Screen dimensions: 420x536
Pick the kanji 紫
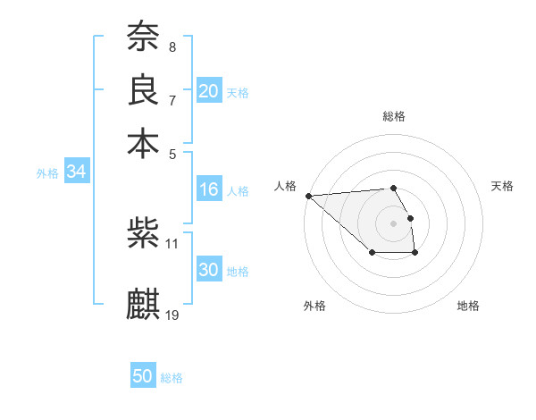pos(143,234)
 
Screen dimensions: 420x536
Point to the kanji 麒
pos(143,303)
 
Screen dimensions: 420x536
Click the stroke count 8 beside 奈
pos(172,46)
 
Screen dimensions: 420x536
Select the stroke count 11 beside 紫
pos(172,243)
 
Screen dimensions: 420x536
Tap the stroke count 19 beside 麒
pos(172,314)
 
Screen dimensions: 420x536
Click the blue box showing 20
pos(209,91)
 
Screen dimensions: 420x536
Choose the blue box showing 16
pos(209,189)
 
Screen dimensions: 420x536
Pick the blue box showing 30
pos(209,270)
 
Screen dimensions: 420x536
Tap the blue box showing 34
pos(76,172)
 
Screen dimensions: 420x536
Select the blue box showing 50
pos(143,376)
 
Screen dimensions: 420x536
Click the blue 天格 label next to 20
pos(238,93)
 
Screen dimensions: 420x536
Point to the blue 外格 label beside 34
pos(47,173)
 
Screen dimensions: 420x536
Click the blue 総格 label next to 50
pos(172,378)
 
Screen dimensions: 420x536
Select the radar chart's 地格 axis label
pos(468,306)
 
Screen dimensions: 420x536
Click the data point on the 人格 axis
pos(308,196)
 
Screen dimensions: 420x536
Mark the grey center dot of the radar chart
pos(393,223)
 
